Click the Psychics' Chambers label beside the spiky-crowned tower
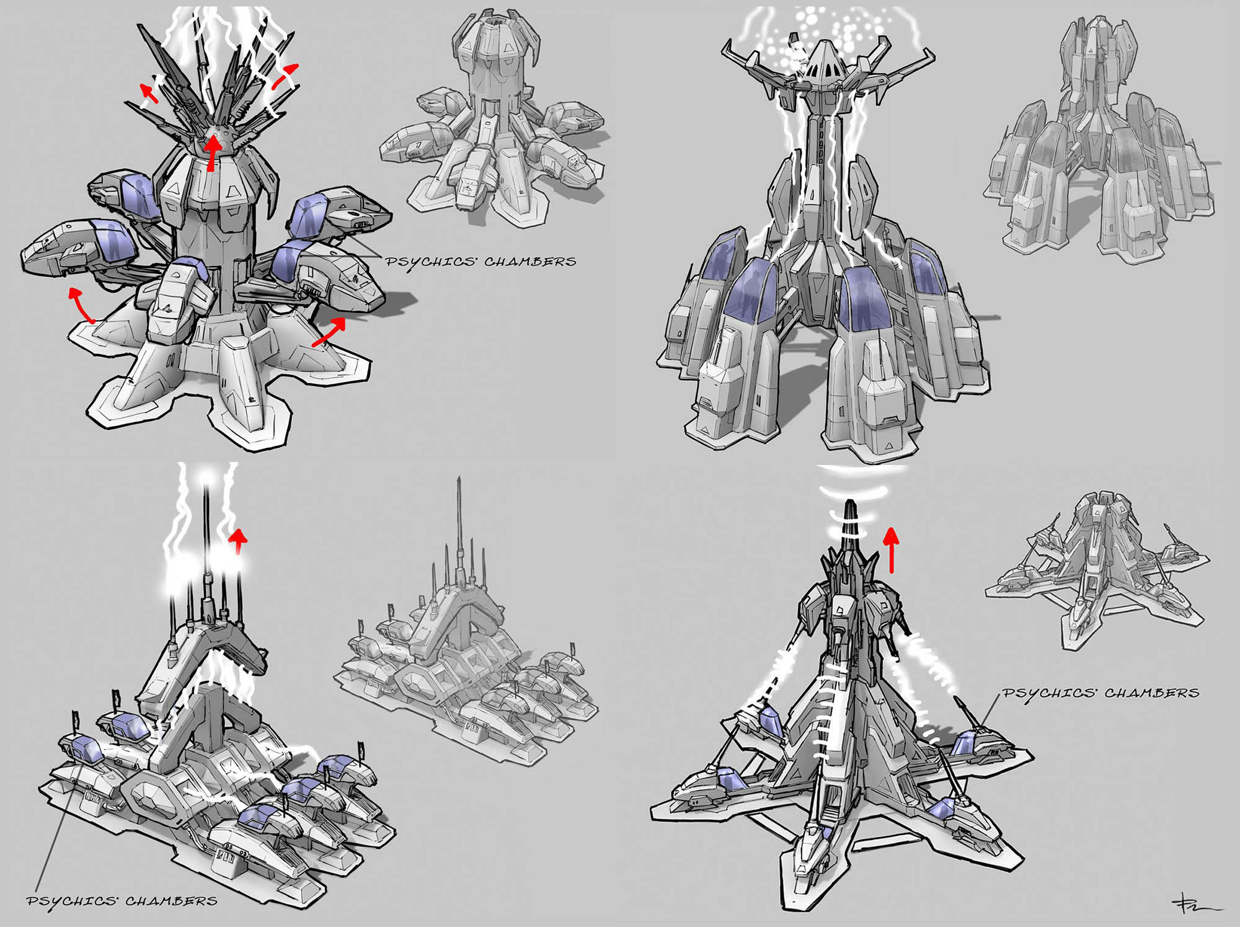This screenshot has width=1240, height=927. pos(480,262)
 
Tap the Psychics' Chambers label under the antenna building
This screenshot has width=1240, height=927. pos(122,901)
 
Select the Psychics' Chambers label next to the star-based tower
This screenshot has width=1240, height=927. pos(1101,693)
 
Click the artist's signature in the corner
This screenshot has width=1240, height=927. pos(1193,906)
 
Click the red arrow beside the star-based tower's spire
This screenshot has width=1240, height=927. pos(891,549)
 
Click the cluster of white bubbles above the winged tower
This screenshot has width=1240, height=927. pos(831,28)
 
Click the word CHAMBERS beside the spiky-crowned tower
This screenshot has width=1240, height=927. pos(530,262)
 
